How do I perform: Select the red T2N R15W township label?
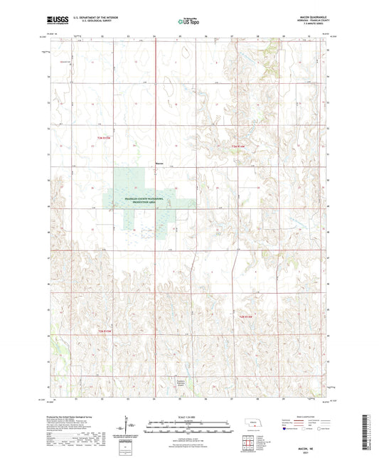click(x=104, y=331)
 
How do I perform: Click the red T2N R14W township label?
click(x=246, y=316)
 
